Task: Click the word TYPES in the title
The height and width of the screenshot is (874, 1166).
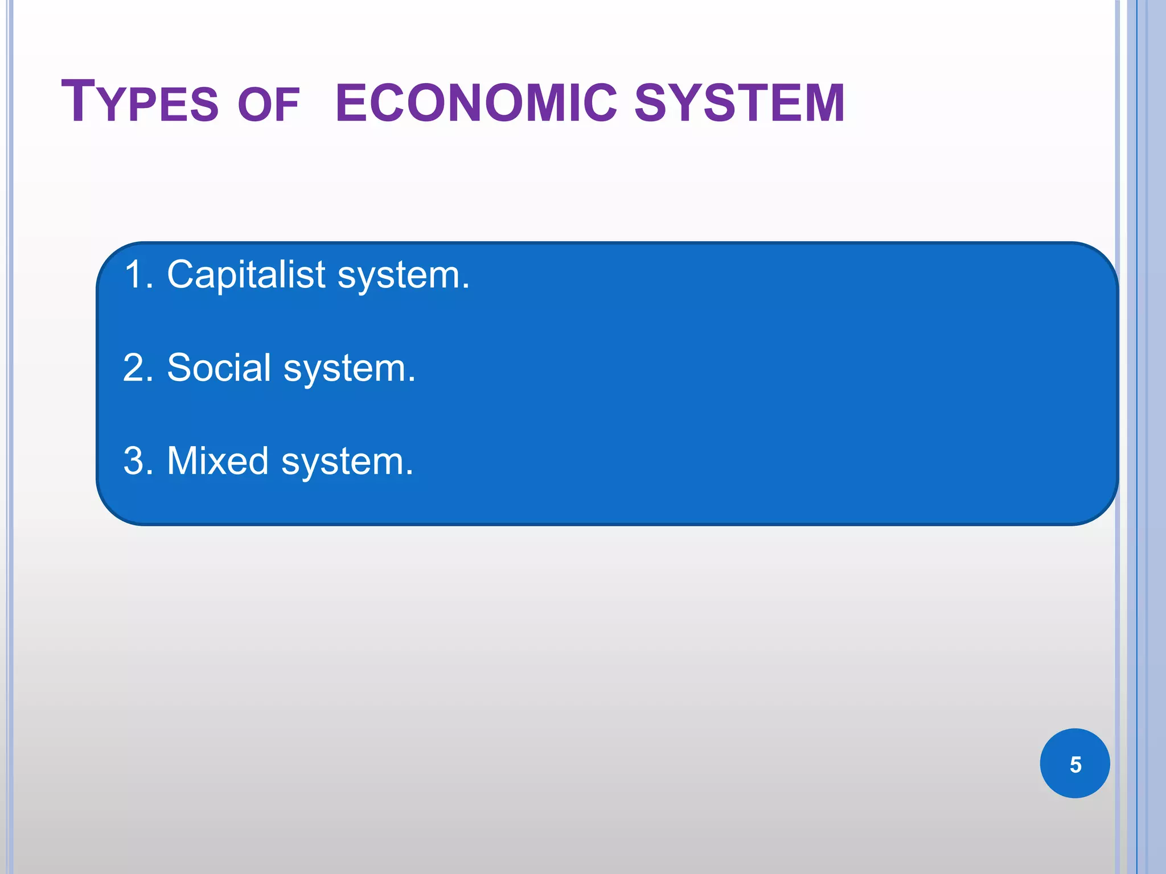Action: [139, 102]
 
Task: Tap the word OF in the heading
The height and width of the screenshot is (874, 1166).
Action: [268, 105]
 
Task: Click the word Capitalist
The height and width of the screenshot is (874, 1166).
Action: [247, 275]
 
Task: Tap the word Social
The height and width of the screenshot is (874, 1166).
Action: [219, 368]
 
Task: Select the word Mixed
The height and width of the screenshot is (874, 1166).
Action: [217, 460]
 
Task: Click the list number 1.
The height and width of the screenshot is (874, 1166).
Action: [134, 275]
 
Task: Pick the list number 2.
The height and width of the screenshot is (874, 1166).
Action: [134, 368]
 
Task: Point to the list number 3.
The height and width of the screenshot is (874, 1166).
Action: [134, 460]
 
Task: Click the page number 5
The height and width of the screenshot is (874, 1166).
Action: [1075, 764]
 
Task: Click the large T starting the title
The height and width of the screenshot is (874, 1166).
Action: [78, 101]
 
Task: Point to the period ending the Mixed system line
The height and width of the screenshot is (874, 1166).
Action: [409, 473]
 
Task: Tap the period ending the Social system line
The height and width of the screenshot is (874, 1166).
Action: [411, 380]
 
